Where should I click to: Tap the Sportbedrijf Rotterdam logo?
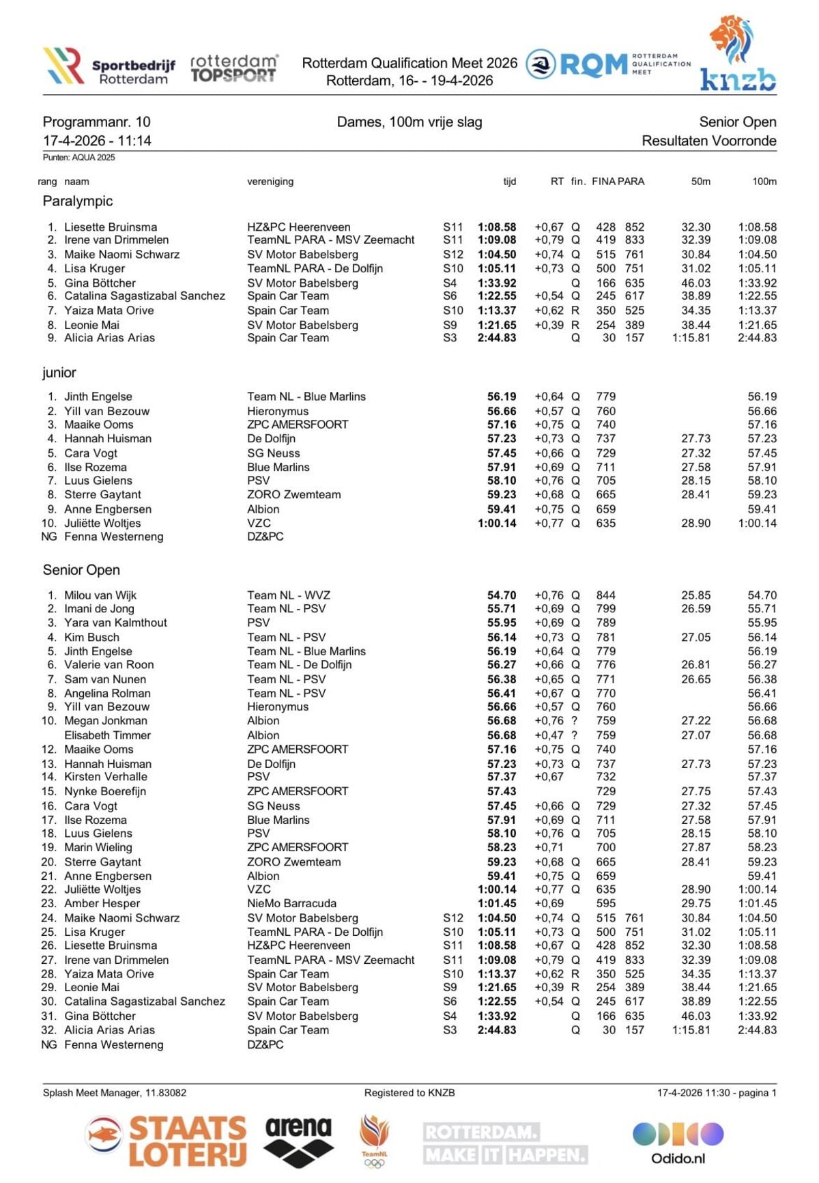click(x=109, y=66)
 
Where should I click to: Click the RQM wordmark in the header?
click(x=592, y=65)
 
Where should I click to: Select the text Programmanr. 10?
click(x=96, y=122)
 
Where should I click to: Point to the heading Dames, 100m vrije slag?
click(x=409, y=122)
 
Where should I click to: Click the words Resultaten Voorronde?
click(x=708, y=141)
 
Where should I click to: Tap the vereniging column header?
click(x=270, y=182)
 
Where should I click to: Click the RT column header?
click(x=557, y=182)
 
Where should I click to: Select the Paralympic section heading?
click(x=78, y=201)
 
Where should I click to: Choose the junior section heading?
click(x=59, y=373)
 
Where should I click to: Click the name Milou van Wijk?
click(x=100, y=595)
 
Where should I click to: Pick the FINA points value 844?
click(x=605, y=595)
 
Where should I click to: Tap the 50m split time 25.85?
click(x=695, y=595)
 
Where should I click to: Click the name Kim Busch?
click(x=91, y=638)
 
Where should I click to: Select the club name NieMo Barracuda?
click(x=291, y=904)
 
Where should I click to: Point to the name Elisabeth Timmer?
click(x=107, y=735)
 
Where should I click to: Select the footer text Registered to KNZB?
click(x=409, y=1093)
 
